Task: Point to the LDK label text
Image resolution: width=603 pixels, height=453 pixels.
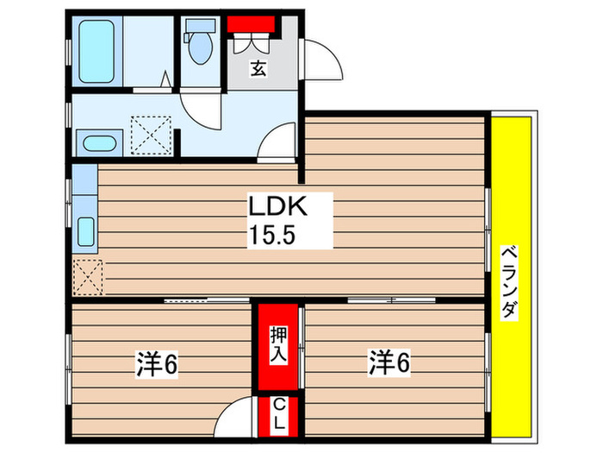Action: (277, 208)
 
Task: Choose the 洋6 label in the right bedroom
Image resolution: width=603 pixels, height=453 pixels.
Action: (389, 361)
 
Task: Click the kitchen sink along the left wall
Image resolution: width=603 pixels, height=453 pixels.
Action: (86, 231)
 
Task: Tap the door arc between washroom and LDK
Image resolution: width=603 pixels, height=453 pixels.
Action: (280, 141)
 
